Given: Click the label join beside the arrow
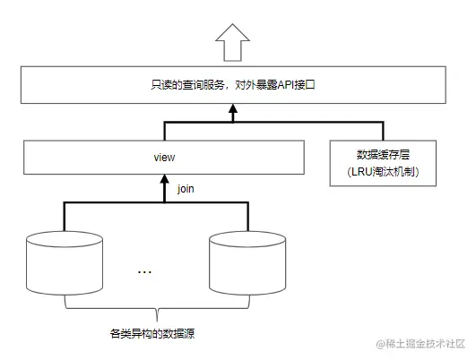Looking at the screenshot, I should point(186,189).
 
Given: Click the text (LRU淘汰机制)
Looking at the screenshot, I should point(383,170).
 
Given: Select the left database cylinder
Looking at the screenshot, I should point(65,264).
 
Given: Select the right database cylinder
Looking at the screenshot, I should point(247,264).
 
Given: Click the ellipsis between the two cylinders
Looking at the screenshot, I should point(145,271).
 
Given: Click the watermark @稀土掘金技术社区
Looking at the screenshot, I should point(420,344).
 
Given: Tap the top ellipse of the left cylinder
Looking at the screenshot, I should point(65,241).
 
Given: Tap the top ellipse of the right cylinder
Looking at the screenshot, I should point(247,241).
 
